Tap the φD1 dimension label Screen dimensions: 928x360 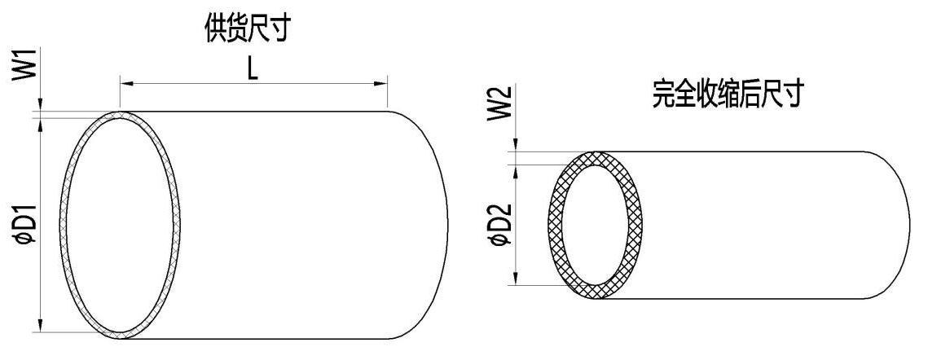[26, 223]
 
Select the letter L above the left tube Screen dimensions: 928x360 [252, 70]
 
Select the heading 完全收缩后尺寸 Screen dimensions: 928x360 [728, 94]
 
